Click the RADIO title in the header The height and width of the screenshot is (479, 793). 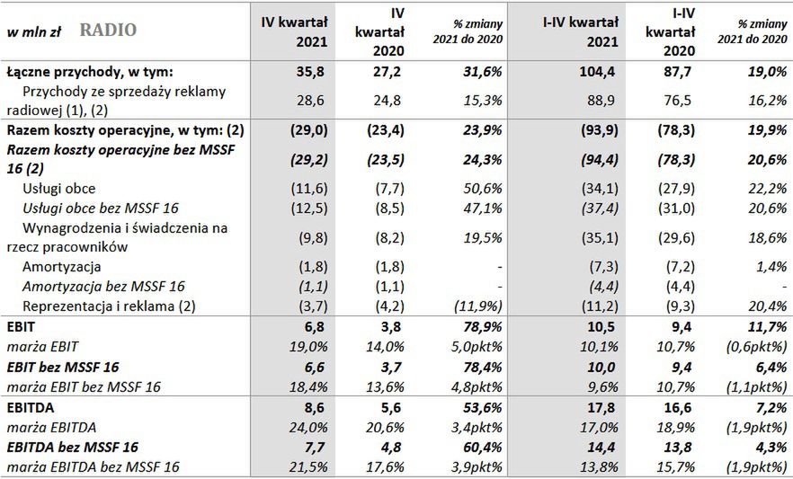coord(108,31)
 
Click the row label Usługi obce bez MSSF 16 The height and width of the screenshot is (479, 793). coord(98,208)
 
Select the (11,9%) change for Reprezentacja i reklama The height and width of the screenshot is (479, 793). coord(477,306)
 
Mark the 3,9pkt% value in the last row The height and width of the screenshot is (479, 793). coord(477,466)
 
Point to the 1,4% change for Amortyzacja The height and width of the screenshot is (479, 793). coord(762,267)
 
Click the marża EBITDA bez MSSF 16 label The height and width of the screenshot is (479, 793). coord(93,466)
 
